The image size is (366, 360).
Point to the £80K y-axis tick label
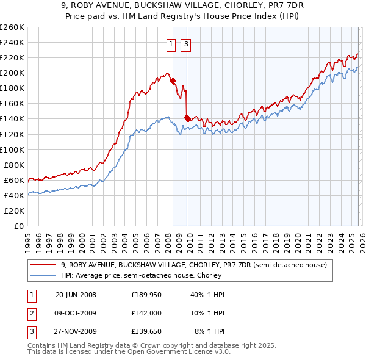(x=13, y=165)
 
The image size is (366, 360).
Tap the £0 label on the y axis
(x=19, y=226)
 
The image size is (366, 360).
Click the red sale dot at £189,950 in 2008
(x=173, y=81)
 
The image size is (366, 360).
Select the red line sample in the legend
(x=43, y=265)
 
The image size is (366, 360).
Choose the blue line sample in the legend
(x=43, y=276)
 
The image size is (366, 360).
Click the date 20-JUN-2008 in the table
(x=76, y=295)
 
